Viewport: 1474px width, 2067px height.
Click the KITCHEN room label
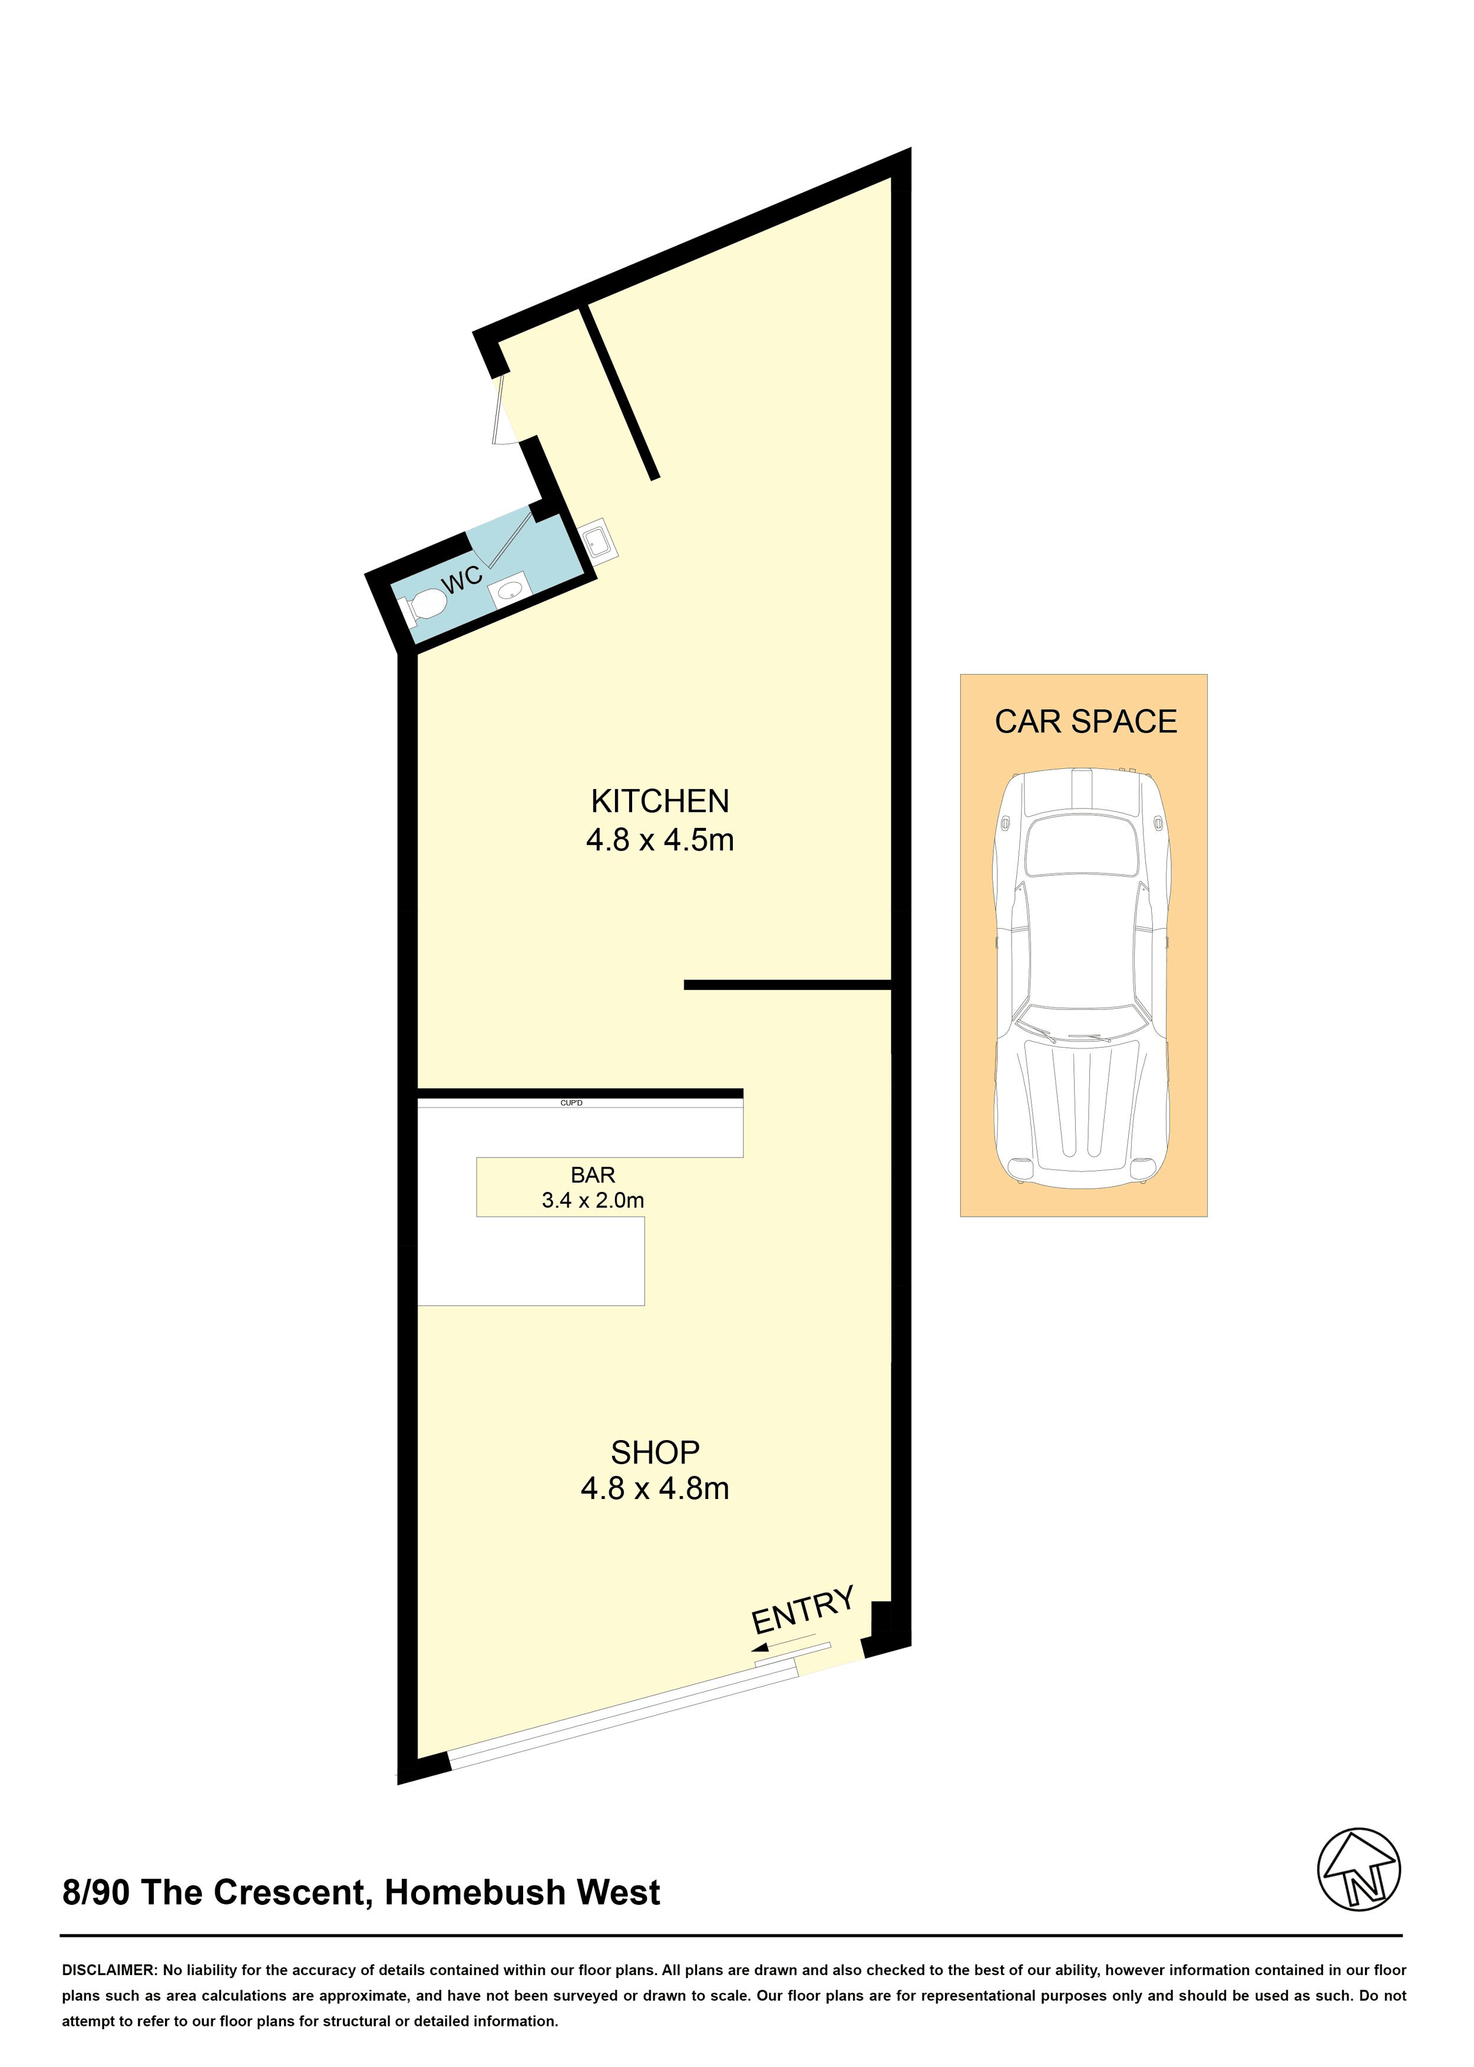tap(660, 801)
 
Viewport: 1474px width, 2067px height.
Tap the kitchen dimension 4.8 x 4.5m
tap(660, 840)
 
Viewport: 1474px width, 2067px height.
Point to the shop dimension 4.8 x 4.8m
tap(655, 1489)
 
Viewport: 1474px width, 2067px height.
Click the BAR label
tap(593, 1175)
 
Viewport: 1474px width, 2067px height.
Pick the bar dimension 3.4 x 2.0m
tap(593, 1200)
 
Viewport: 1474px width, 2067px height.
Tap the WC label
tap(463, 578)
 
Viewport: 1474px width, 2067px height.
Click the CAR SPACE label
tap(1086, 722)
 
